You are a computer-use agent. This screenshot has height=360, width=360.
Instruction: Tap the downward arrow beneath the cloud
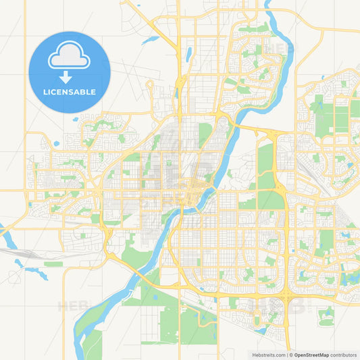tap(69, 76)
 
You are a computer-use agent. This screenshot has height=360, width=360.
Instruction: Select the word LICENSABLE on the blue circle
tap(69, 92)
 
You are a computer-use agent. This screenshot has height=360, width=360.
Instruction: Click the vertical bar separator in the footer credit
tap(288, 354)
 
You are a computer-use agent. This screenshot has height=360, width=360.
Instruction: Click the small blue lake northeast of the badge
tap(150, 39)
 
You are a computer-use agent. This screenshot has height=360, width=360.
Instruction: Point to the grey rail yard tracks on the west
tap(27, 253)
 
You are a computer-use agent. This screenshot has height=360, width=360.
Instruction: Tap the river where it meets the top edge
tap(269, 3)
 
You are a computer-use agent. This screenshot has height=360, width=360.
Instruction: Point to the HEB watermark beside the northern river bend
tap(277, 49)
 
